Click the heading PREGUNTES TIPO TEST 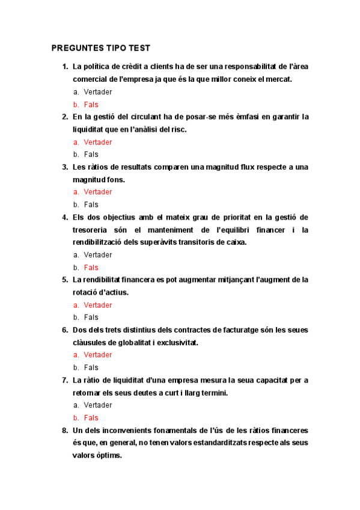tap(100, 48)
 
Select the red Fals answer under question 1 tap(91, 105)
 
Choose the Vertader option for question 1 tap(97, 92)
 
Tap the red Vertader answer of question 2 tap(97, 143)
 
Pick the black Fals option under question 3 tap(91, 204)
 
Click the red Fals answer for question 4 tap(91, 268)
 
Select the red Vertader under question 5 tap(97, 305)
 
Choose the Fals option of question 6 tap(91, 367)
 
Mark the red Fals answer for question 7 tap(91, 418)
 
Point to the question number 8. tap(65, 431)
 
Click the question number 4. tap(65, 217)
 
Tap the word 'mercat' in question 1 tap(276, 79)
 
